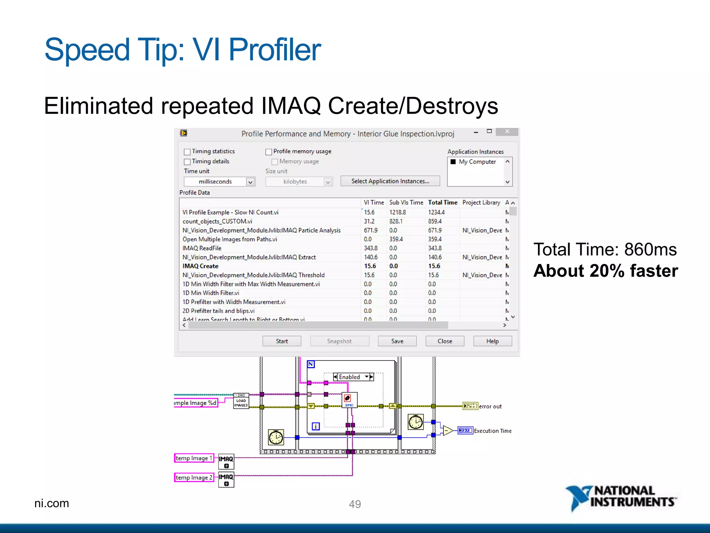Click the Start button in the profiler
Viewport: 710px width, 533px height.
[x=282, y=341]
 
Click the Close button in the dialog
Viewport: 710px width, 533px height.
[x=444, y=341]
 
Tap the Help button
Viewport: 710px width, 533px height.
[x=492, y=341]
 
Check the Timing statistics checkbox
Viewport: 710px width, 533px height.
[x=187, y=152]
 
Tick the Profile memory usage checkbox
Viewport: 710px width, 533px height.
[x=269, y=152]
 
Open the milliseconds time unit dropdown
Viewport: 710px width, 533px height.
[x=250, y=182]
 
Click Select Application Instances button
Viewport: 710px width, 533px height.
[x=390, y=181]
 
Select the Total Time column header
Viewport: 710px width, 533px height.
[x=442, y=202]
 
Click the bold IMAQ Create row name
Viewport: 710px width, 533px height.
[x=200, y=266]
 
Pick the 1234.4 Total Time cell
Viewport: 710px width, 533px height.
[x=436, y=212]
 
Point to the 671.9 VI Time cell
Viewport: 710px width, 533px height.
[x=371, y=230]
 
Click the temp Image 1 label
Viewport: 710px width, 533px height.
[x=194, y=458]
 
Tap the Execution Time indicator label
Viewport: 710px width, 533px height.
[x=492, y=431]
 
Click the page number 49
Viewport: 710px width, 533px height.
[x=355, y=504]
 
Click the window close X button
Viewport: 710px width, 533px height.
[x=507, y=132]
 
